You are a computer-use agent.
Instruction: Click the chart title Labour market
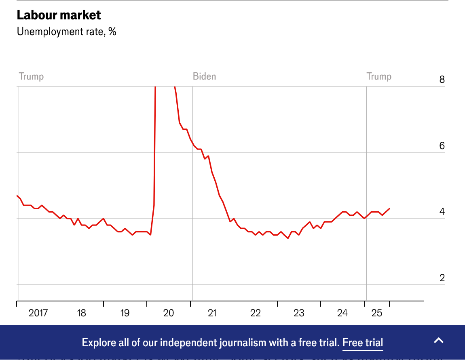point(59,15)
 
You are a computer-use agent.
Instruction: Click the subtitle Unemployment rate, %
point(66,32)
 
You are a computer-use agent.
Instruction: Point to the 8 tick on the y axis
point(442,80)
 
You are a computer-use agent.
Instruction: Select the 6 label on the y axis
point(442,146)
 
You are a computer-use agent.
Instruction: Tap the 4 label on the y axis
point(442,212)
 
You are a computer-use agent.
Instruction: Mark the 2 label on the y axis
point(442,278)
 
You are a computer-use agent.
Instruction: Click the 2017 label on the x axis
point(38,313)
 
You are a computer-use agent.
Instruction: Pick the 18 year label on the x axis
point(81,313)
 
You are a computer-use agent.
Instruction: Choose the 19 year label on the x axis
point(125,313)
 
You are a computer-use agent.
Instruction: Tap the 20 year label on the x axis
point(169,313)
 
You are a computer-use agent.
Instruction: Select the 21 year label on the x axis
point(212,313)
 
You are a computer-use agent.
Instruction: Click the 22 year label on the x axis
point(256,313)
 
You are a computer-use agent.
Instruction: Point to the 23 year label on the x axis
point(299,313)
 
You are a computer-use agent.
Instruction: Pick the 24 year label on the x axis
point(342,313)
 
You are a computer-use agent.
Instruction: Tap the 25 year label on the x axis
point(377,313)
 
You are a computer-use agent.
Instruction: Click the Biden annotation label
point(204,76)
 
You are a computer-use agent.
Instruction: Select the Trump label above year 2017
point(31,76)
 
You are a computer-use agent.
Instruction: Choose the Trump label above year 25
point(379,76)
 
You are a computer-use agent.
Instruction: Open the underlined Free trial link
point(363,343)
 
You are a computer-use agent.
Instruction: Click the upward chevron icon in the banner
point(439,340)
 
